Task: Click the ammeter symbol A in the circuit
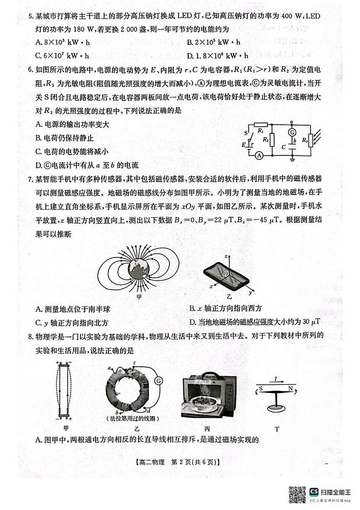tap(259, 155)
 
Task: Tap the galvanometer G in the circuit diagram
tap(293, 132)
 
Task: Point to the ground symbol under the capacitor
tap(293, 159)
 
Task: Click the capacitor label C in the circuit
tap(283, 147)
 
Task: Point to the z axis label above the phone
tap(225, 256)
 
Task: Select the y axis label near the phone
tap(250, 293)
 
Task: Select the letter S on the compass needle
tap(261, 389)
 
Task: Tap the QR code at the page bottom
tap(297, 494)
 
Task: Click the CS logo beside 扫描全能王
tap(314, 492)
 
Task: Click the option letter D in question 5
tap(189, 56)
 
